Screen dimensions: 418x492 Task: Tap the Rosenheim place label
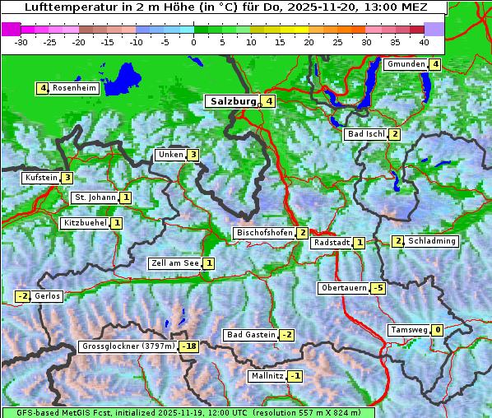coord(74,88)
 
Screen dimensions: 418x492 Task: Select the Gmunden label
coord(406,64)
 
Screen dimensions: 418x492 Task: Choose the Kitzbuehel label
coord(85,223)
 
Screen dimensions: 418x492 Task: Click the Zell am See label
coord(174,263)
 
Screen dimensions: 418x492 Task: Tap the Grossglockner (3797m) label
coord(128,346)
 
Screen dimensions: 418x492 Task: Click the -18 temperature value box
coord(190,346)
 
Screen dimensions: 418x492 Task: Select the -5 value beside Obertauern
coord(378,288)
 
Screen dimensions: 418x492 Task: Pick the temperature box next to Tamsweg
coord(438,330)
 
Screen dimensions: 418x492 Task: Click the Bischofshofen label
coord(264,233)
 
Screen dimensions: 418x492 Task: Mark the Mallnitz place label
coord(267,376)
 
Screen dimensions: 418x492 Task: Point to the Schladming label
coord(432,241)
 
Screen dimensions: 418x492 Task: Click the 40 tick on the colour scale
coord(423,41)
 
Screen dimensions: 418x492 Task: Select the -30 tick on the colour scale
coord(21,41)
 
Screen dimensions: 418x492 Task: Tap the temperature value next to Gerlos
coord(22,296)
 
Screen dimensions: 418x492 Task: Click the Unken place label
coord(170,155)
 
